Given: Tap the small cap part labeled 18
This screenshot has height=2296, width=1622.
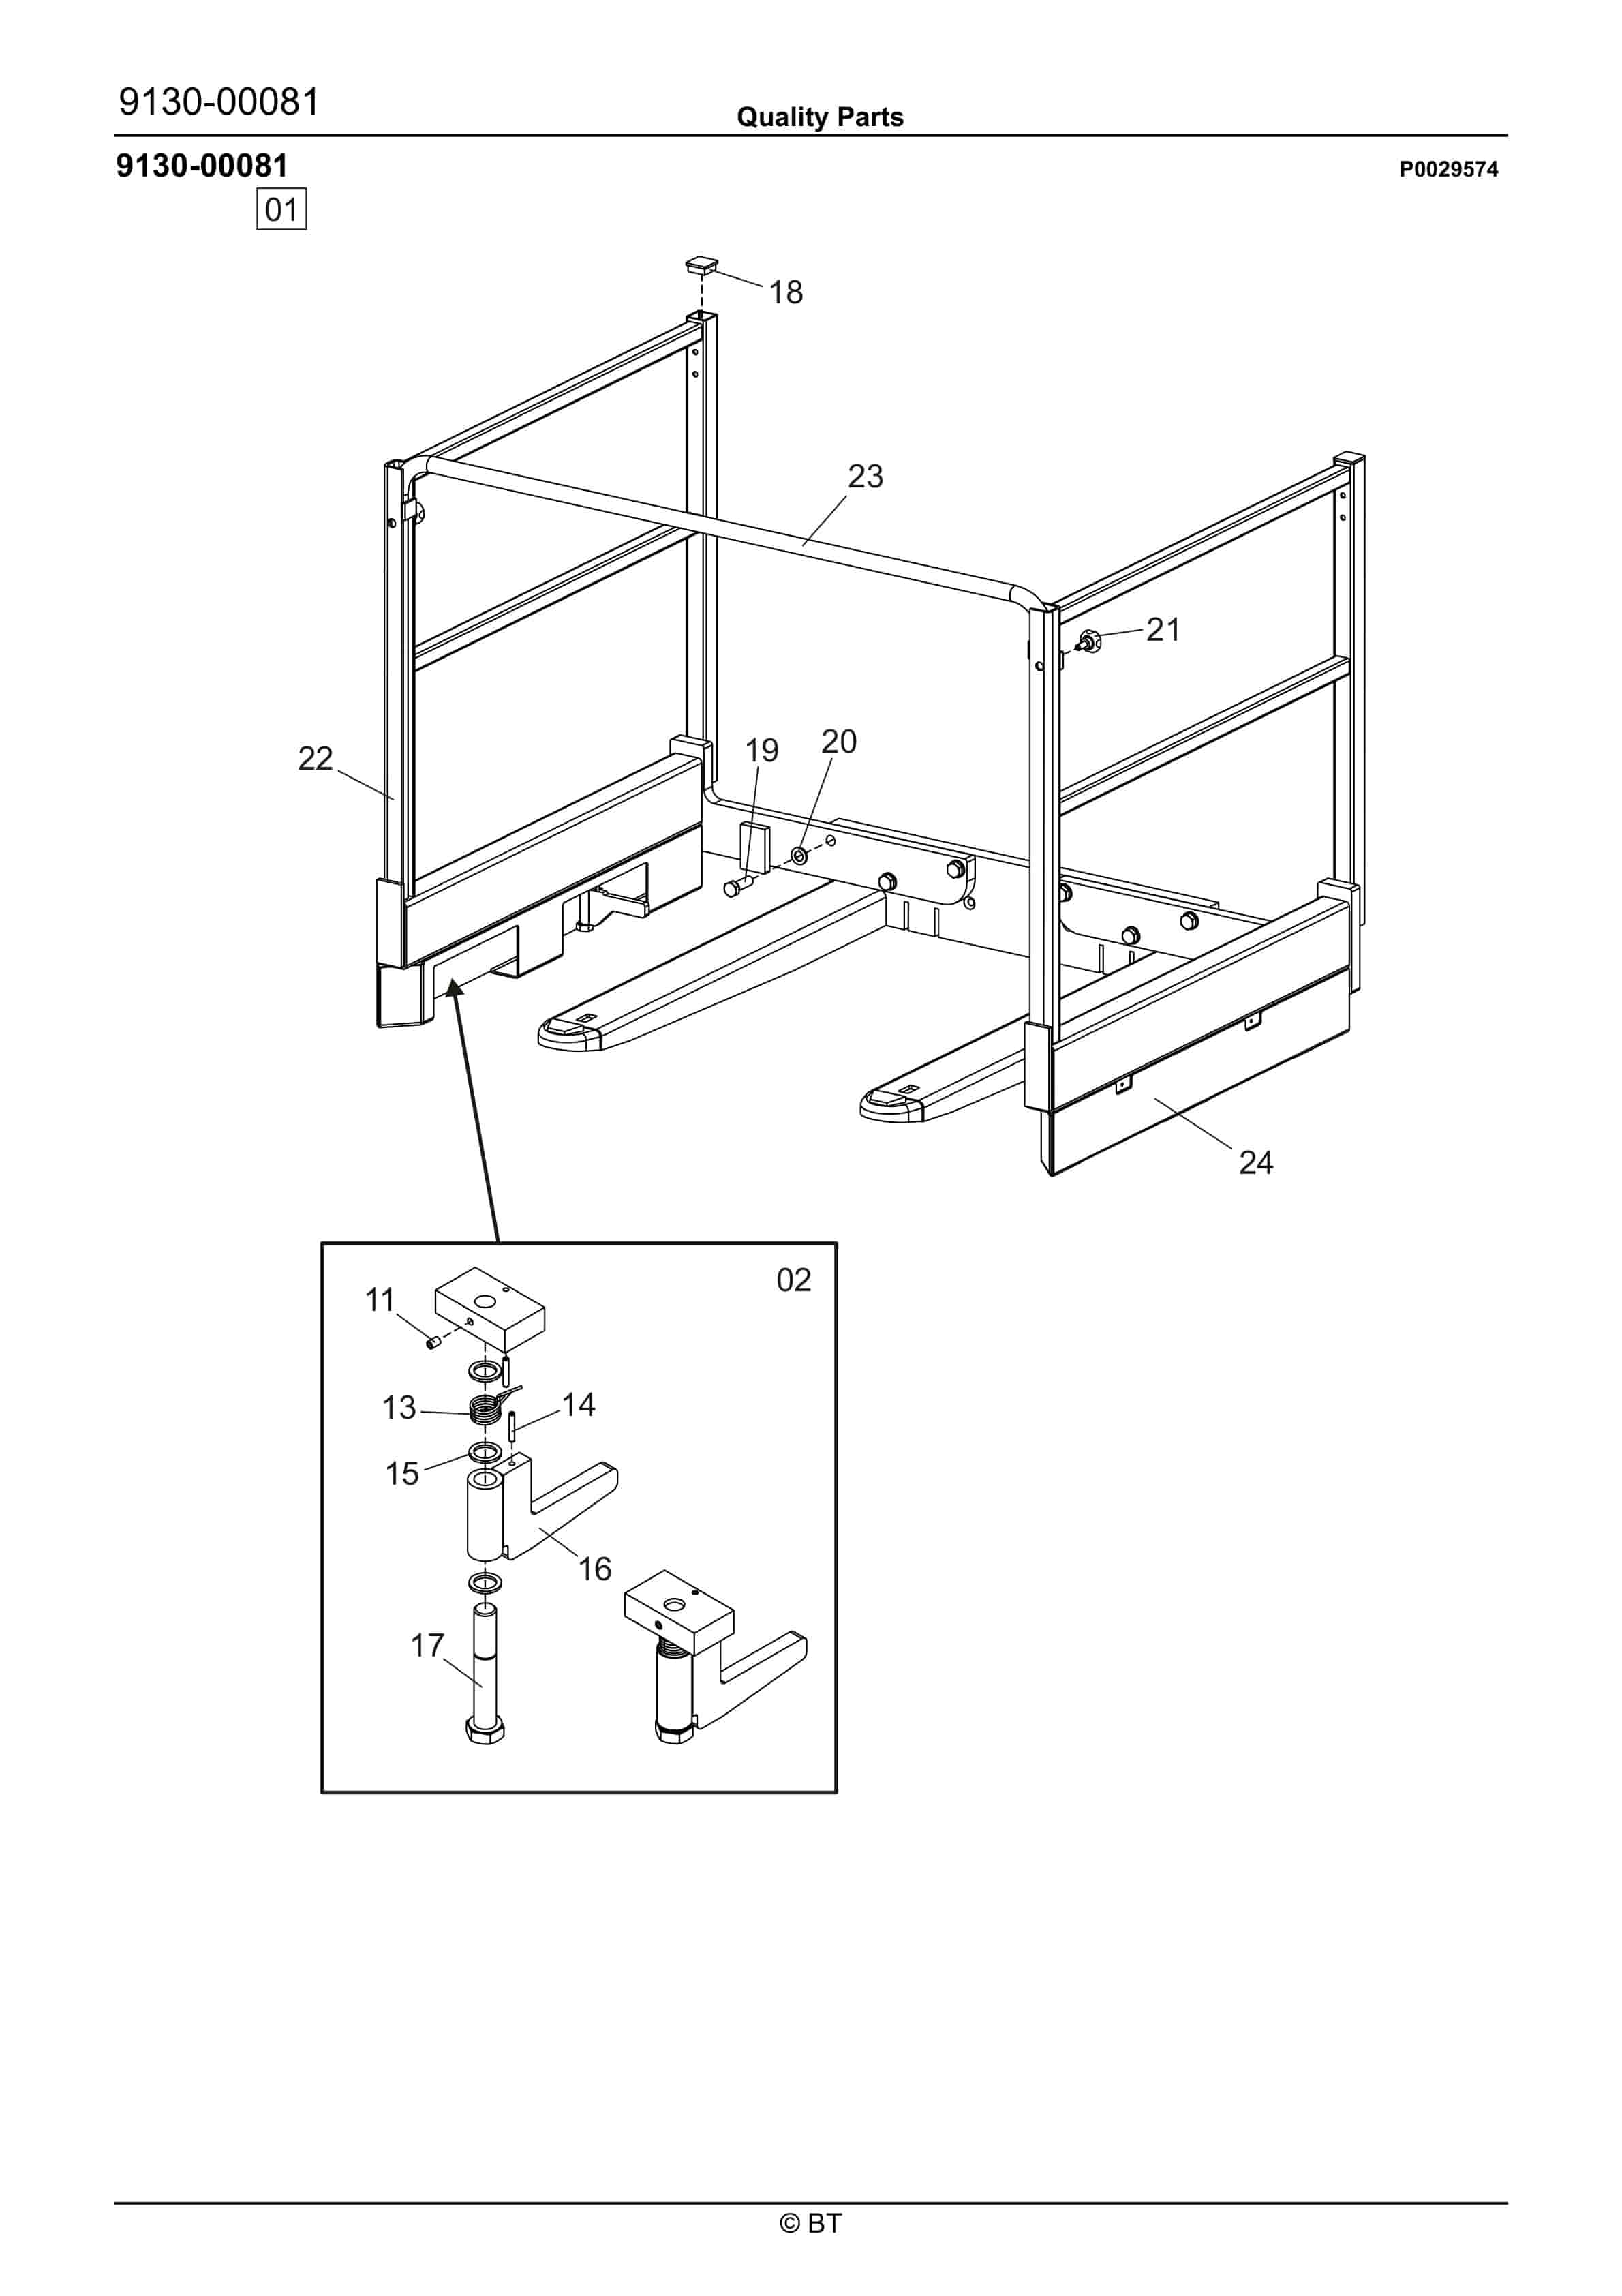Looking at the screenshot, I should (701, 265).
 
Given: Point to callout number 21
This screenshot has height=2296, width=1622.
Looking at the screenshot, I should (1163, 629).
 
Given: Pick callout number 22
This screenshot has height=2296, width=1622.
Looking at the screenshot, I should (315, 758).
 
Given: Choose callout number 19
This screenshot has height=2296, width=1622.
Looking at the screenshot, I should (761, 750).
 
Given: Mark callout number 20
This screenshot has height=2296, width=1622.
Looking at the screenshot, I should (838, 741).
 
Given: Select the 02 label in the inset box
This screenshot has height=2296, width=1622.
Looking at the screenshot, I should (793, 1280).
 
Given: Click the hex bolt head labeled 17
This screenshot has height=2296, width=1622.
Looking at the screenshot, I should (485, 1730).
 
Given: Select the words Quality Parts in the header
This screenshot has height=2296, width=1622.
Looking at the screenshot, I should (819, 117).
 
